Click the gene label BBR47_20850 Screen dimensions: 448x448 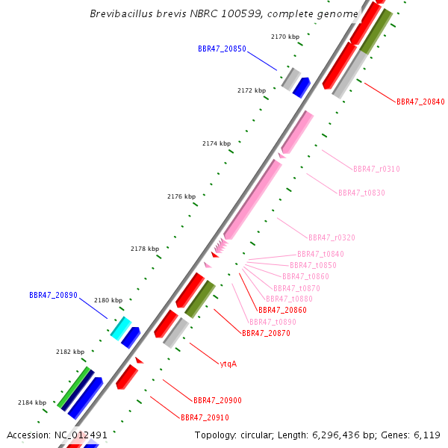pyautogui.click(x=222, y=49)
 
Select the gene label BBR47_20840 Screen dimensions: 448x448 pyautogui.click(x=420, y=102)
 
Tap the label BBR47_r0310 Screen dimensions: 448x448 pyautogui.click(x=376, y=169)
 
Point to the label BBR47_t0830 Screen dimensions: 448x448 pyautogui.click(x=361, y=193)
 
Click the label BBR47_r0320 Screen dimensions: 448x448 pyautogui.click(x=332, y=237)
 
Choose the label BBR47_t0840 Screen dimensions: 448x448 pyautogui.click(x=320, y=255)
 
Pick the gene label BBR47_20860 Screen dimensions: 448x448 pyautogui.click(x=281, y=310)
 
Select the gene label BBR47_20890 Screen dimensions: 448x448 pyautogui.click(x=53, y=295)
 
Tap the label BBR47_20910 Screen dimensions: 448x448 pyautogui.click(x=205, y=417)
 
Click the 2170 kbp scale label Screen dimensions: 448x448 pyautogui.click(x=284, y=37)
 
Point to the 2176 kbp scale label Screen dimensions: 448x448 pyautogui.click(x=181, y=196)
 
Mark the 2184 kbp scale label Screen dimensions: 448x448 pyautogui.click(x=32, y=402)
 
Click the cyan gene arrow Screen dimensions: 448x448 pyautogui.click(x=120, y=327)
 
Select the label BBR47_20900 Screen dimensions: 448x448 pyautogui.click(x=217, y=400)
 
